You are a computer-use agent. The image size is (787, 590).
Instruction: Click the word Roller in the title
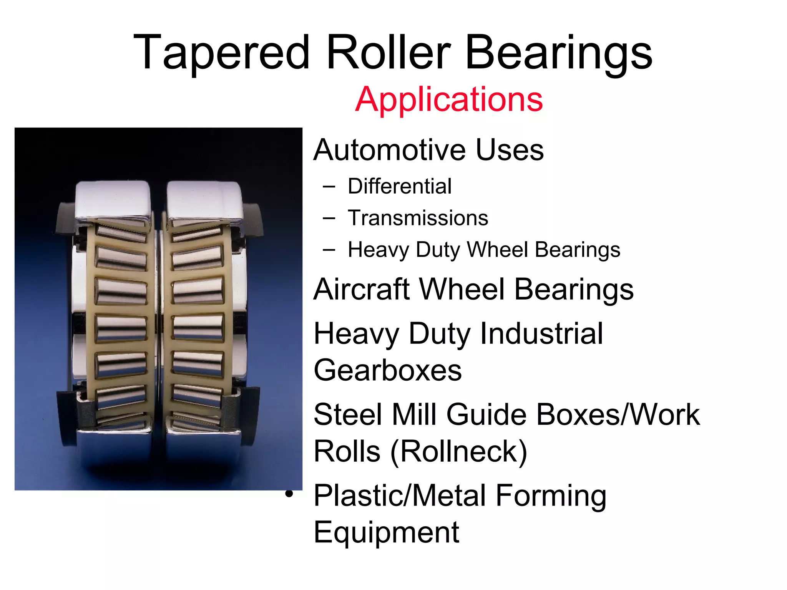(388, 52)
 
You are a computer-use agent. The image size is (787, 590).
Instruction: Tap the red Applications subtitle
(449, 99)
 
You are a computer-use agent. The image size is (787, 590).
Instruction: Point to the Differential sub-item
(400, 187)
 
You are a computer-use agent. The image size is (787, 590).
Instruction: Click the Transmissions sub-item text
(418, 218)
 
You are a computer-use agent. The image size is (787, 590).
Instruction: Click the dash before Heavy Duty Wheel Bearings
(329, 250)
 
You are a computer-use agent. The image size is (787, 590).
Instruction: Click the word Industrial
(541, 333)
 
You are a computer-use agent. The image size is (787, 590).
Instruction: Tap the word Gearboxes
(388, 370)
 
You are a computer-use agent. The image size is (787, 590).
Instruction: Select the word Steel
(348, 415)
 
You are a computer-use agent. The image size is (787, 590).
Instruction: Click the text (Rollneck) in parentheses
(459, 451)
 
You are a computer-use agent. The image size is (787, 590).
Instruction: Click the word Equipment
(387, 532)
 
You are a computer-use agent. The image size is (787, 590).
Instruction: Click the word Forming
(551, 496)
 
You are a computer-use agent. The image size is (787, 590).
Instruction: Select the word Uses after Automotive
(510, 150)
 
